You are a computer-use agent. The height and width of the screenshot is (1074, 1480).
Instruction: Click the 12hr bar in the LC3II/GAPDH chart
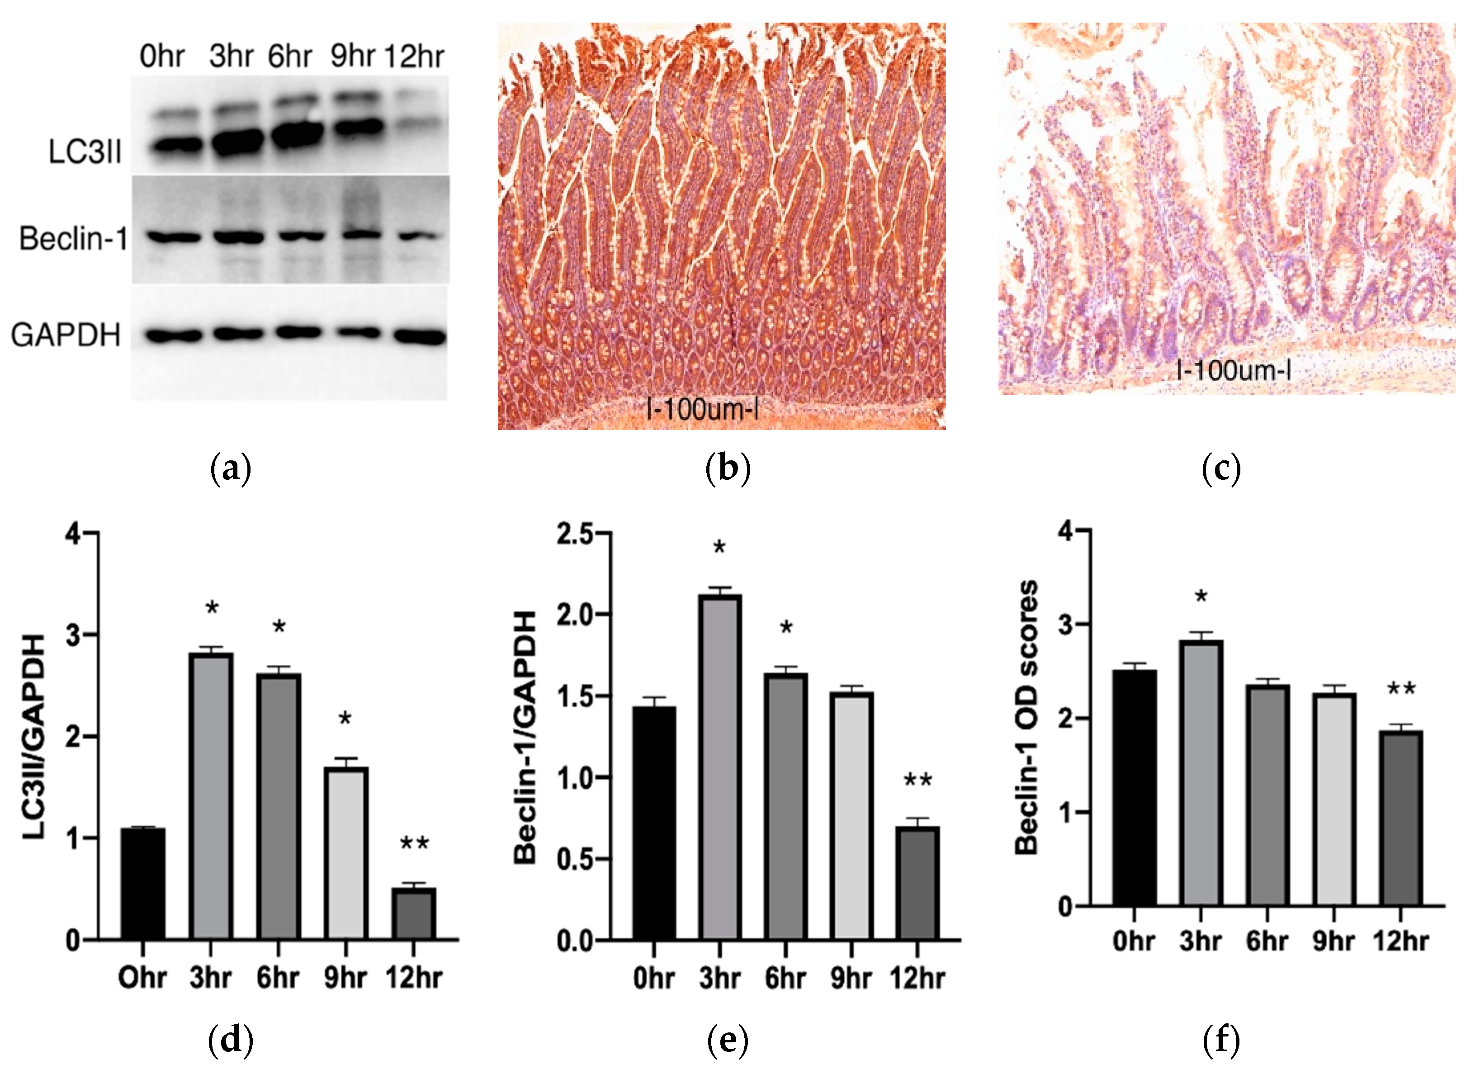point(414,913)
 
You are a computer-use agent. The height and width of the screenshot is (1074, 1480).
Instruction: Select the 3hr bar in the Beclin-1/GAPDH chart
point(720,766)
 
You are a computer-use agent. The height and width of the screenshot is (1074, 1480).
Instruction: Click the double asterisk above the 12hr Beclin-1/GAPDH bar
point(917,781)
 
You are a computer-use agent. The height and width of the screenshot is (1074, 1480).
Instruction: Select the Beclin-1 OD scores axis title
point(1026,718)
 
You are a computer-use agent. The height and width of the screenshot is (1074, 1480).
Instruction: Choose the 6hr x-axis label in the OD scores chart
point(1267,941)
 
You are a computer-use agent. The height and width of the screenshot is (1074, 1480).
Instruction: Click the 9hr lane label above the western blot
point(352,56)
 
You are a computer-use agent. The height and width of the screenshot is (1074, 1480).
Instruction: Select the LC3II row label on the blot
point(85,152)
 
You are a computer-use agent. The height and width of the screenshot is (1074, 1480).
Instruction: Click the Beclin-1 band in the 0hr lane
point(173,238)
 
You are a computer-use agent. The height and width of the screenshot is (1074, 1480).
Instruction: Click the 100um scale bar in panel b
point(702,410)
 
